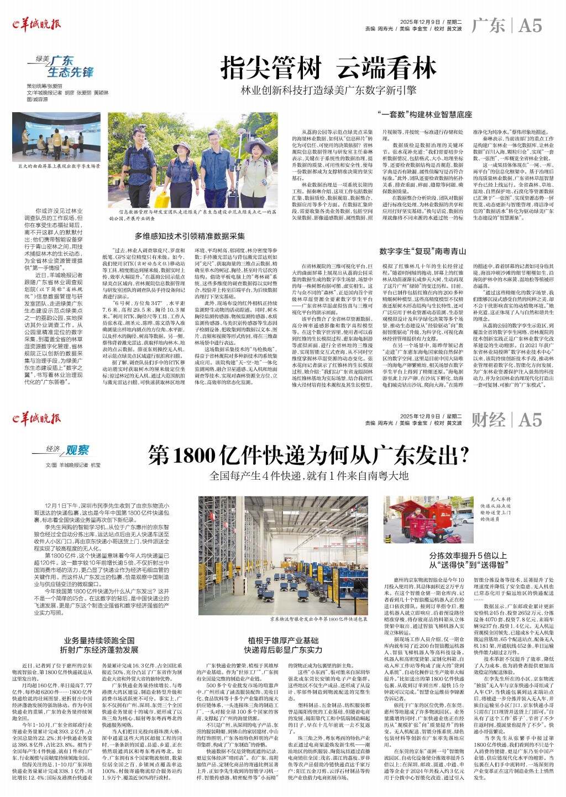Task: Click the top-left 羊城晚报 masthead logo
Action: point(37,24)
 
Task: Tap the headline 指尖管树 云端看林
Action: point(329,69)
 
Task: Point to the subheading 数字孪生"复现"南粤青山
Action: point(419,251)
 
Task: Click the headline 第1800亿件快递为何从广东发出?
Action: point(308,456)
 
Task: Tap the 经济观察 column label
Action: point(67,450)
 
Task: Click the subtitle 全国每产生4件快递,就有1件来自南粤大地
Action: point(308,475)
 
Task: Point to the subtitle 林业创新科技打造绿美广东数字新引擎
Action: point(329,90)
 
